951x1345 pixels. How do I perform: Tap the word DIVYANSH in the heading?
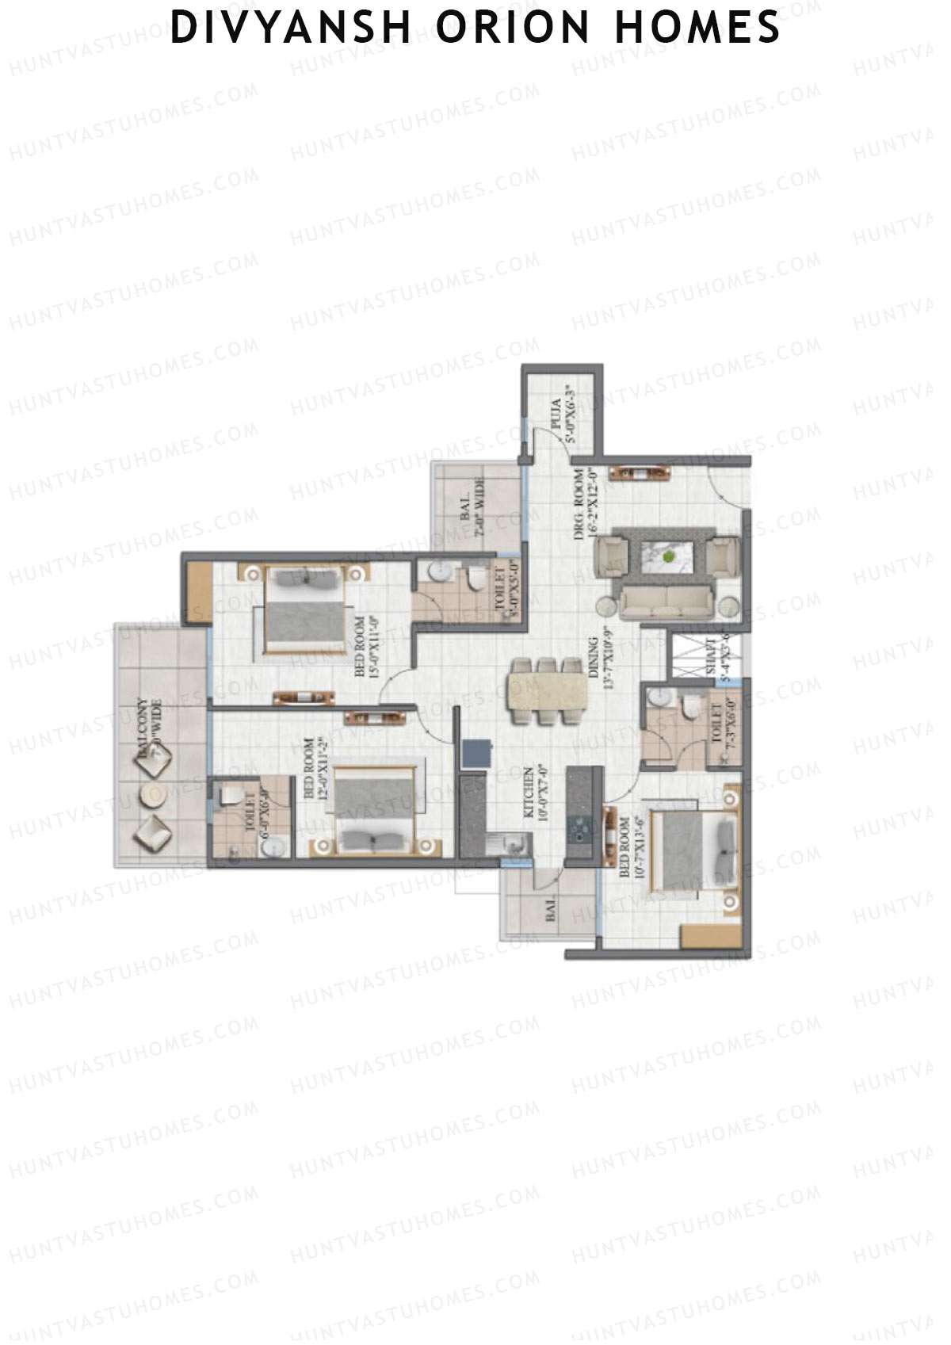[x=290, y=29]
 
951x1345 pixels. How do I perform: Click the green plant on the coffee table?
[x=670, y=556]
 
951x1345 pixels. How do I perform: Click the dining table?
[x=547, y=691]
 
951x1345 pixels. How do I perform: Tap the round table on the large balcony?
[x=152, y=795]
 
